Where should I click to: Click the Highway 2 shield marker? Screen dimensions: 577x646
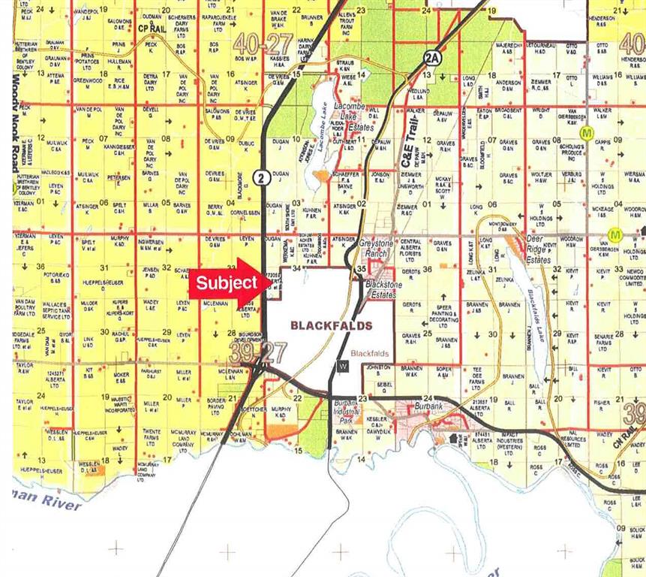click(260, 177)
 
